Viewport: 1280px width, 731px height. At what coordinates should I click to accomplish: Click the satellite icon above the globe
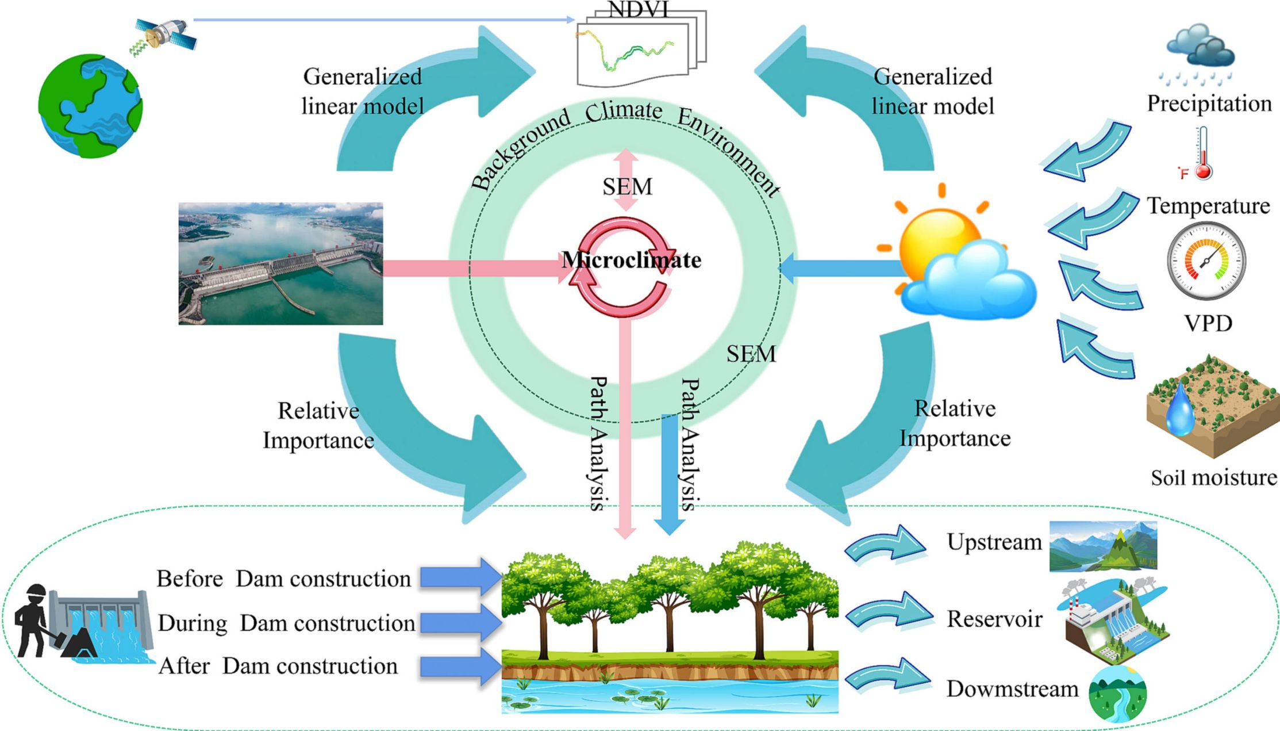click(165, 35)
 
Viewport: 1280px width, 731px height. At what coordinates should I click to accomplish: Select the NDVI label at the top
click(638, 9)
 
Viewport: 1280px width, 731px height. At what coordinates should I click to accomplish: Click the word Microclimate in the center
click(631, 260)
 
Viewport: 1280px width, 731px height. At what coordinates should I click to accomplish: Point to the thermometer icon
click(1202, 154)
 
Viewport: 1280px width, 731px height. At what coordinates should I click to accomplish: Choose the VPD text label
click(1208, 323)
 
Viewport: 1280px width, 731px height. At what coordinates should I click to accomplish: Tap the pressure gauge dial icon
click(1206, 261)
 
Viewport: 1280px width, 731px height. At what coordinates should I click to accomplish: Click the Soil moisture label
click(1213, 477)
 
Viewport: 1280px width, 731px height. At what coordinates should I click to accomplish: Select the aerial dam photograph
click(280, 263)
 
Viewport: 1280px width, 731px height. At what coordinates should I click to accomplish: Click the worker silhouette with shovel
click(34, 621)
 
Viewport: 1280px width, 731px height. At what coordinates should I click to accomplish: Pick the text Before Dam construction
click(283, 579)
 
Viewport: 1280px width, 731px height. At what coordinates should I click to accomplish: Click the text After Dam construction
click(278, 666)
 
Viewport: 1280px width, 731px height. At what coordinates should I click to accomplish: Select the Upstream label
click(994, 542)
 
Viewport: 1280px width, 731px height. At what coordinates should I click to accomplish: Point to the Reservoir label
click(994, 619)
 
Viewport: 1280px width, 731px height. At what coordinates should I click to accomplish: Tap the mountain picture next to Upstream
click(1102, 546)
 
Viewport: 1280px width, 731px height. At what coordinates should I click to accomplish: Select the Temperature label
click(1208, 206)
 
